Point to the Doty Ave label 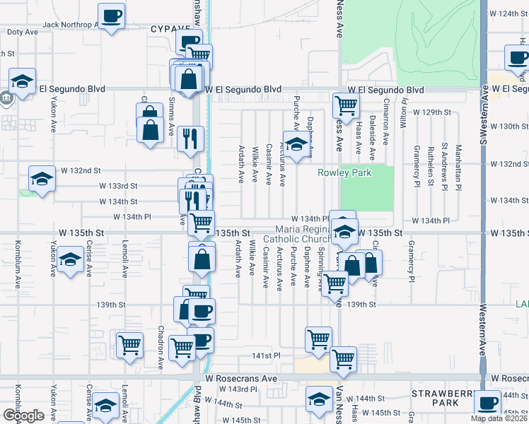22,33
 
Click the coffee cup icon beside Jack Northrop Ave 111,16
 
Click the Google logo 23,416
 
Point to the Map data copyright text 499,418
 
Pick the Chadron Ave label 161,347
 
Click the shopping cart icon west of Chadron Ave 130,346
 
